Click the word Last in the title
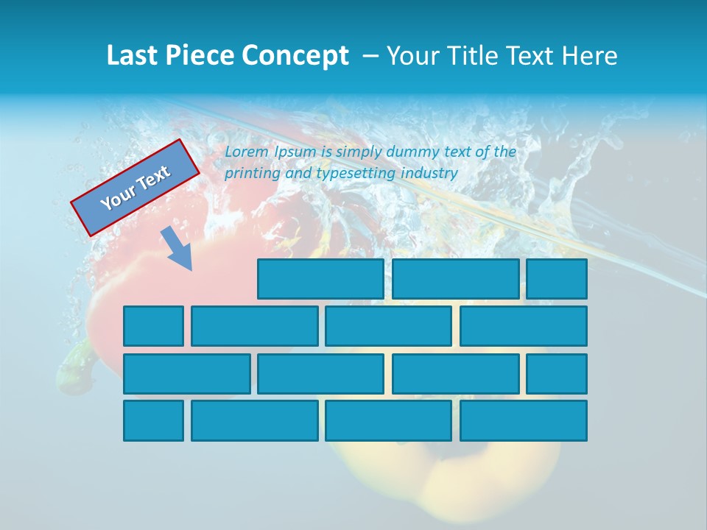(x=133, y=56)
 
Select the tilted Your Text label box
(x=135, y=188)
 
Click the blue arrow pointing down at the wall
(x=177, y=249)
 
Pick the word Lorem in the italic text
(x=247, y=152)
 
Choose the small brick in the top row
(x=557, y=279)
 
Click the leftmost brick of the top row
(x=320, y=279)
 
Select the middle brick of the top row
(x=455, y=279)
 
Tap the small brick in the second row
(x=153, y=326)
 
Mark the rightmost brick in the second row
(x=524, y=326)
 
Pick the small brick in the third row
(x=557, y=374)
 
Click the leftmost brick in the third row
(x=186, y=374)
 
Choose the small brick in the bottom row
(x=153, y=421)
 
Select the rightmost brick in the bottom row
(x=524, y=421)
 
